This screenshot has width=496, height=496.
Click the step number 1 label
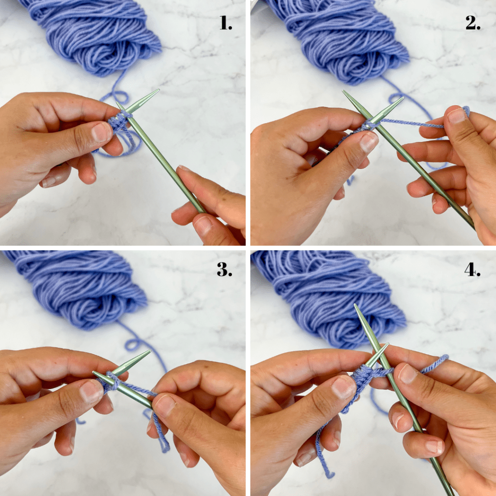226,23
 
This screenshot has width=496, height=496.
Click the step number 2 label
473,23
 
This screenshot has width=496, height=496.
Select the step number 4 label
472,269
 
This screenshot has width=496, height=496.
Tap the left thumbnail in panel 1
101,132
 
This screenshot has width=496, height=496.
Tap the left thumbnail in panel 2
369,142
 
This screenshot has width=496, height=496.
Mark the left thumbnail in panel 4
343,388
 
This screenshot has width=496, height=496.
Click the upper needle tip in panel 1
158,90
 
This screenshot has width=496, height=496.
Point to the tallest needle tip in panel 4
355,305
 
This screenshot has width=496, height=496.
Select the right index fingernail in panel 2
456,116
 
